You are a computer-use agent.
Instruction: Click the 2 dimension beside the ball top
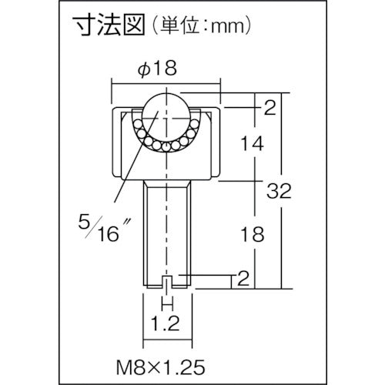(269, 109)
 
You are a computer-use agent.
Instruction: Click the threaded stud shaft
(167, 231)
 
